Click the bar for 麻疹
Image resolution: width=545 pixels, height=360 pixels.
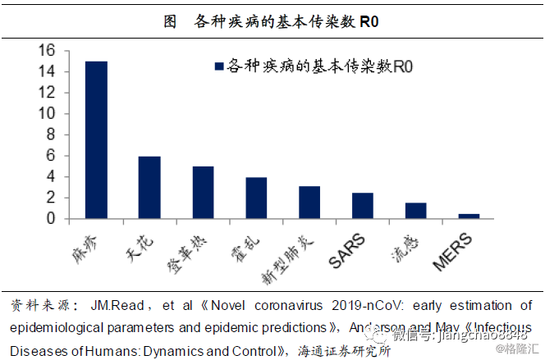(96, 140)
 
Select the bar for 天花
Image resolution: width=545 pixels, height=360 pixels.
(149, 188)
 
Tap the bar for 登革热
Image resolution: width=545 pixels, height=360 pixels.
(203, 193)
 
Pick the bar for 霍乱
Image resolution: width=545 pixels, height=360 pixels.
(256, 198)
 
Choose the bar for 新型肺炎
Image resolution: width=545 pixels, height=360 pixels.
(309, 203)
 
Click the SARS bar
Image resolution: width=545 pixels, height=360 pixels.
(362, 206)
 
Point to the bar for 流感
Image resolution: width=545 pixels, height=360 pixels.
(416, 211)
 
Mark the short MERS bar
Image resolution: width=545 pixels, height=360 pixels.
(469, 216)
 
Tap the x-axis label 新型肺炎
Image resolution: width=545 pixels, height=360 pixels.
(286, 257)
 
